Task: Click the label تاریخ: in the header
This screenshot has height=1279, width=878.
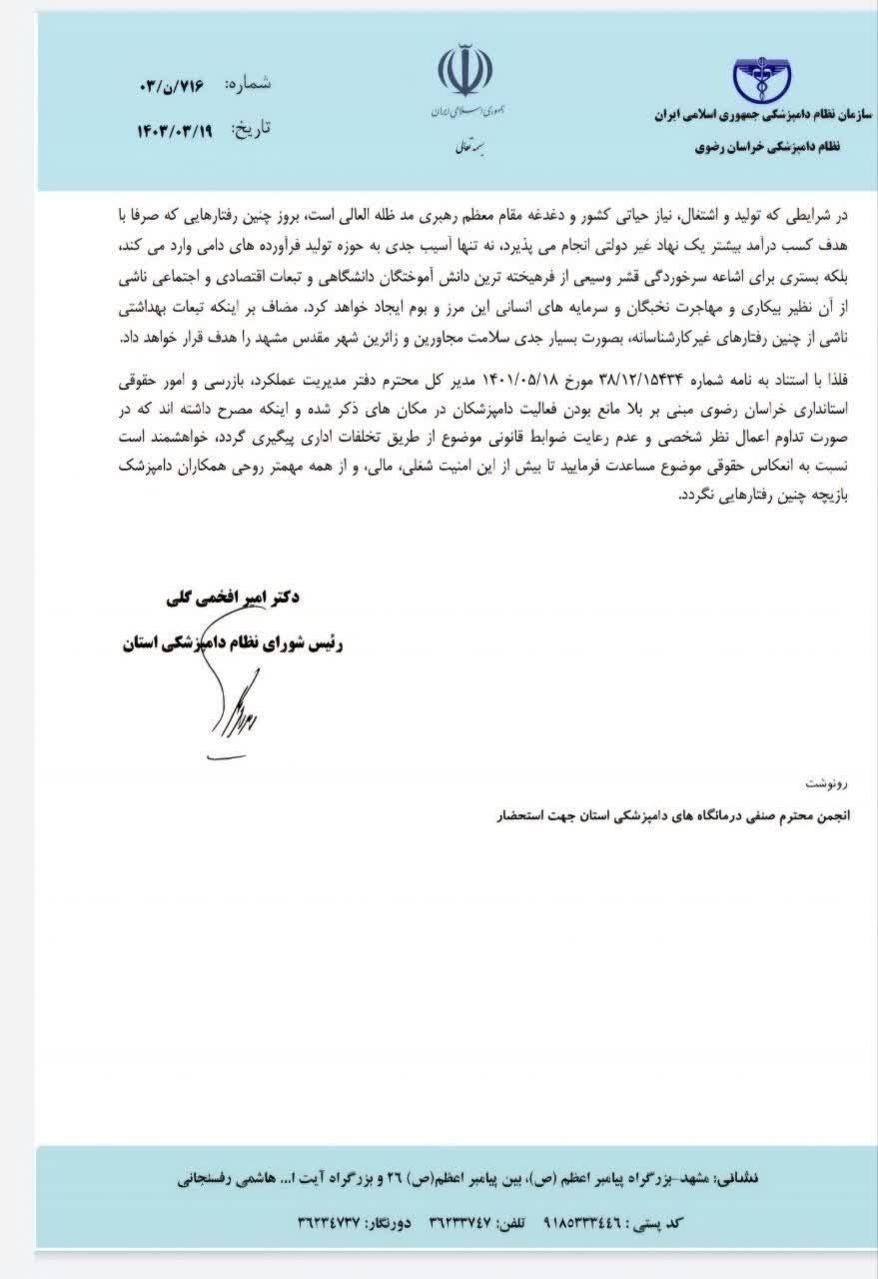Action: click(251, 128)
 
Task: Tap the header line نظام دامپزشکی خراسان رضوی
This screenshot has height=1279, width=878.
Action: click(766, 146)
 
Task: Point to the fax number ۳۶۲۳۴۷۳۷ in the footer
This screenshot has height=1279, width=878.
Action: click(333, 1222)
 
